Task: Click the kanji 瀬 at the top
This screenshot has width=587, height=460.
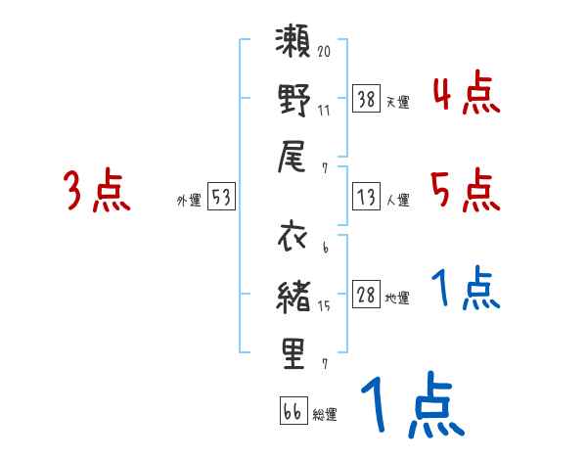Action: click(x=294, y=46)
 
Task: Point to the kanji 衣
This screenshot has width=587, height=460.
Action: click(x=294, y=240)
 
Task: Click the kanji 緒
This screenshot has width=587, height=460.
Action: click(x=294, y=295)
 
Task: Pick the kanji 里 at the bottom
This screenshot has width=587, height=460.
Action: click(x=294, y=352)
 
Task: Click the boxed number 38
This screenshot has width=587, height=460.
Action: click(x=367, y=98)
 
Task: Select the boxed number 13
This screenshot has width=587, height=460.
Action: click(x=367, y=197)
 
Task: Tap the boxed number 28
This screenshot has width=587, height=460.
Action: click(x=367, y=296)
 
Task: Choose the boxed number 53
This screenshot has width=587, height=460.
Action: click(x=221, y=197)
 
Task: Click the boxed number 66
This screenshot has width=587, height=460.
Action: click(x=292, y=412)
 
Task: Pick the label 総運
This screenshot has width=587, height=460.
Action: click(x=325, y=415)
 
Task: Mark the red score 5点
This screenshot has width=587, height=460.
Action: click(x=466, y=190)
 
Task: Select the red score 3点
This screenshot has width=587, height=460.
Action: click(x=97, y=191)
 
